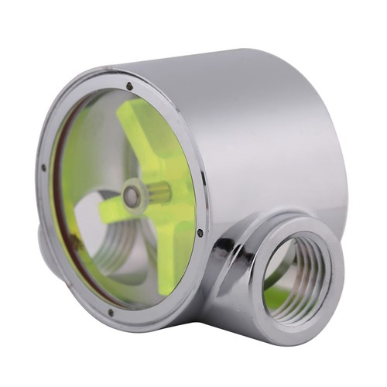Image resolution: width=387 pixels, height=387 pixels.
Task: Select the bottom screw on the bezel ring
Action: (x=110, y=313)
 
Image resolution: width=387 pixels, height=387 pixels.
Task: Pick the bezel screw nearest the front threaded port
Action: (x=200, y=232)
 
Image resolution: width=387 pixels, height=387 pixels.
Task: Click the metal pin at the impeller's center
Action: (x=133, y=197)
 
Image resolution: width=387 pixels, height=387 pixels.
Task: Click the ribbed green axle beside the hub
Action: (x=158, y=193)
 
